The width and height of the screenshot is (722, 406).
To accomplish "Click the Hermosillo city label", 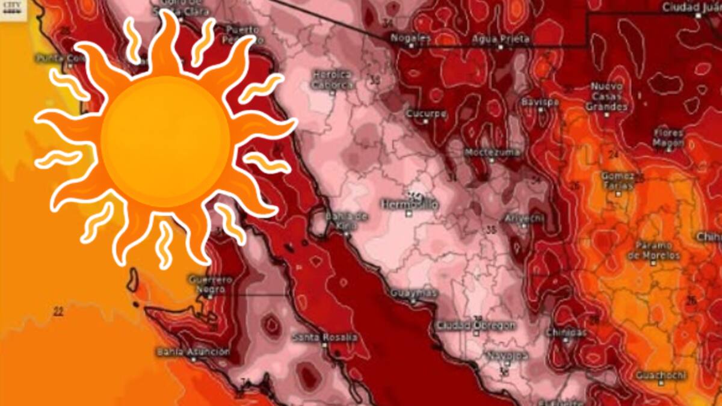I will tap(409, 205).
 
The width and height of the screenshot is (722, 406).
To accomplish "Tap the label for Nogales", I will tap(411, 38).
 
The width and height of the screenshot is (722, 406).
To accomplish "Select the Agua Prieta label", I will tap(501, 39).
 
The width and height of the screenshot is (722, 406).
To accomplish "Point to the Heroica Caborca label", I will tap(332, 80).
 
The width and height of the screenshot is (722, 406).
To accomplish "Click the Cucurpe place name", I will tap(425, 113).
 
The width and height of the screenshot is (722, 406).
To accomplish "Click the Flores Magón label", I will tap(668, 138).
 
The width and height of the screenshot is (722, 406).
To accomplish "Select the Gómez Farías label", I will tap(617, 180).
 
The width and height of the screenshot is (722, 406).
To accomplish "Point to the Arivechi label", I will tap(524, 218).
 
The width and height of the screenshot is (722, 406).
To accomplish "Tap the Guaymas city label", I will tap(413, 293).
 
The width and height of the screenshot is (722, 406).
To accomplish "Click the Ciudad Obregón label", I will tap(476, 325).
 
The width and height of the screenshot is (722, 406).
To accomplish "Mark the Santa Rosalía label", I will tap(324, 337).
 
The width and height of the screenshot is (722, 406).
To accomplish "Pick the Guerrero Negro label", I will tap(210, 284).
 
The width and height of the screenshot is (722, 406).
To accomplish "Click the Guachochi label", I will tap(661, 375).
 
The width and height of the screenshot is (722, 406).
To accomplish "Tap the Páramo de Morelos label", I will tap(653, 251).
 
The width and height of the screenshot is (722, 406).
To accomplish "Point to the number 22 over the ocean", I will tap(58, 311).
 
